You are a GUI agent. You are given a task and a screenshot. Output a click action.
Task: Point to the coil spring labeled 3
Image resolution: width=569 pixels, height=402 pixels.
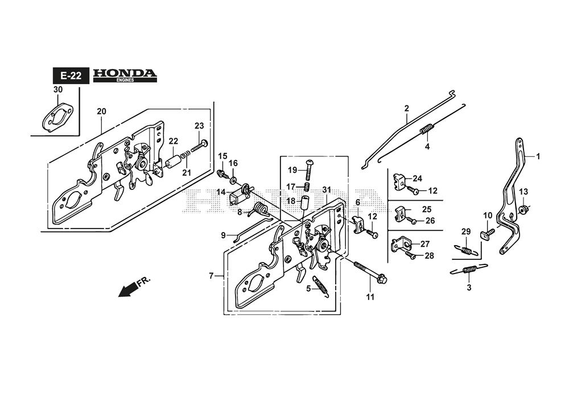(469, 270)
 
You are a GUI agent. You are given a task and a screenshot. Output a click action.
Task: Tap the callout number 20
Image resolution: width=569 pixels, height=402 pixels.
(101, 111)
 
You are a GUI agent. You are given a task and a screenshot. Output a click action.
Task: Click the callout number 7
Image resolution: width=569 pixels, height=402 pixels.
(211, 276)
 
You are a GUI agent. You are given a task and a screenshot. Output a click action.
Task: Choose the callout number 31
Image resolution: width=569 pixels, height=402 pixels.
(326, 190)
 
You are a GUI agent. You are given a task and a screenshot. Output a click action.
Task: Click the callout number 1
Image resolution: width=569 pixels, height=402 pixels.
(538, 156)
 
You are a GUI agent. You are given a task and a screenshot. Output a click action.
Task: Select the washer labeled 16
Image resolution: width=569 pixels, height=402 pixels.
(233, 171)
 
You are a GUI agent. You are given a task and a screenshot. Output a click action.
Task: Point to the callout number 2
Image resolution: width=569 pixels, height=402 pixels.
(407, 108)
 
